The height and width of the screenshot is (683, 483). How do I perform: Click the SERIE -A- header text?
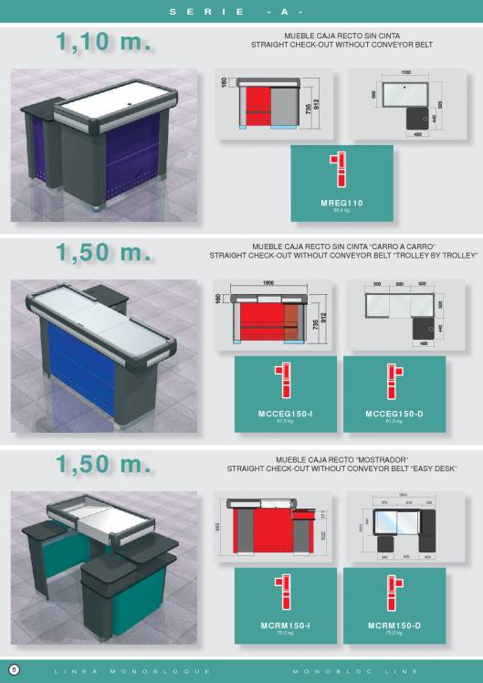tap(241, 12)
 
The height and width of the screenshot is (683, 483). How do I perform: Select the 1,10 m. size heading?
tap(103, 42)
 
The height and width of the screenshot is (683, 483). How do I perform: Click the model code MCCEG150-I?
tap(286, 414)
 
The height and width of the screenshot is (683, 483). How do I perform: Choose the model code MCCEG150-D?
tap(394, 414)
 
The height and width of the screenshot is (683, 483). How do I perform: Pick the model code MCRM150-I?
tap(286, 625)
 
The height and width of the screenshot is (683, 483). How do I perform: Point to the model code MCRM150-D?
tap(394, 625)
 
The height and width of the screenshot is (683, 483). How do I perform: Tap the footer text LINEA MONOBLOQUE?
tap(133, 671)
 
